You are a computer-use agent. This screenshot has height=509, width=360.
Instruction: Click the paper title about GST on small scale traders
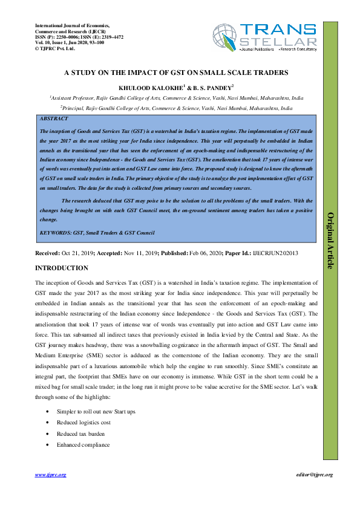click(x=177, y=72)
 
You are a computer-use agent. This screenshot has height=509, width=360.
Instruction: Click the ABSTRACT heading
click(x=53, y=119)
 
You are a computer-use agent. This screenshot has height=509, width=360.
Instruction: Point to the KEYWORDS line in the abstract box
click(x=97, y=233)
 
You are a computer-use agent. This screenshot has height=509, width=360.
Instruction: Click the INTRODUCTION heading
click(x=62, y=268)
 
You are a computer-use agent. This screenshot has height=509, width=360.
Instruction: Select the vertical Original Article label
click(x=330, y=240)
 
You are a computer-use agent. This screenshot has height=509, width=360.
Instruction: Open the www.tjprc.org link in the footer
click(x=50, y=476)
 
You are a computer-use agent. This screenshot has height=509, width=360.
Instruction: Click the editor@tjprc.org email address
click(x=315, y=476)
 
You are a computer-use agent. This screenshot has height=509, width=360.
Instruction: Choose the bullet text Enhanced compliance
click(x=83, y=445)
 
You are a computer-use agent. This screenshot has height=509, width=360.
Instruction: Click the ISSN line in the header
click(x=79, y=37)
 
